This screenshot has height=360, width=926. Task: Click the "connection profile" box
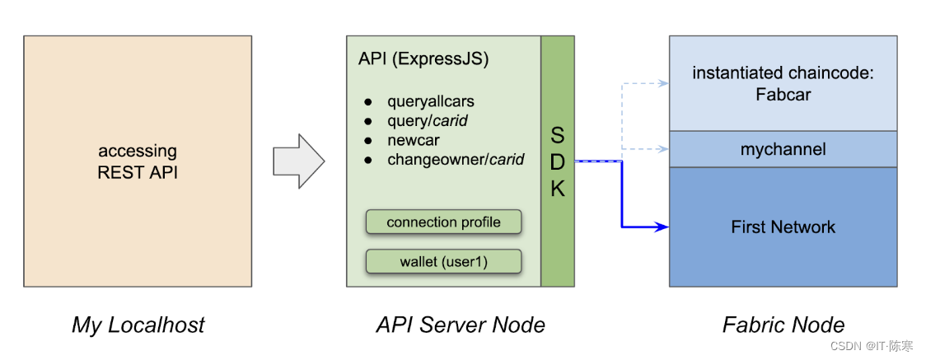(x=443, y=222)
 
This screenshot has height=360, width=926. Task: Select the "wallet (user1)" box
(x=443, y=261)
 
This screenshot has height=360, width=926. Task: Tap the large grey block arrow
(x=299, y=161)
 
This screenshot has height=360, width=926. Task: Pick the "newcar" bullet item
(x=414, y=141)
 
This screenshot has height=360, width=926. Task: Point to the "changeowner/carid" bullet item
(x=456, y=159)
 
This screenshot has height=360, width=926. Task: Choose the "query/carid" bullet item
(x=428, y=121)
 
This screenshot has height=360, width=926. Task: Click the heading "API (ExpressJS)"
(x=423, y=61)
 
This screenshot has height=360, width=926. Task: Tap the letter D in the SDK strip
(x=558, y=161)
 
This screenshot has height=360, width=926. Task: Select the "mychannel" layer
(x=783, y=149)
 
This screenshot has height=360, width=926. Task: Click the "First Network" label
(x=783, y=227)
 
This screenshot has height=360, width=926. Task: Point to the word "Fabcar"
(x=783, y=95)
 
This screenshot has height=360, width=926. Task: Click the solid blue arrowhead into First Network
(x=663, y=227)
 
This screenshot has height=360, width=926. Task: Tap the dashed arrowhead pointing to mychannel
(x=664, y=149)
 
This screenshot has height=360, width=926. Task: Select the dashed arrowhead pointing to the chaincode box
(x=664, y=83)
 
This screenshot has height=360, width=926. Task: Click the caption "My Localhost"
(x=138, y=325)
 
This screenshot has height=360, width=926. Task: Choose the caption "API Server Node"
(x=460, y=325)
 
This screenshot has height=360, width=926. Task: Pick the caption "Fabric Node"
(x=783, y=325)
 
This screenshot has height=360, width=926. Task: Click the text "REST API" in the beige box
(x=138, y=174)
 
